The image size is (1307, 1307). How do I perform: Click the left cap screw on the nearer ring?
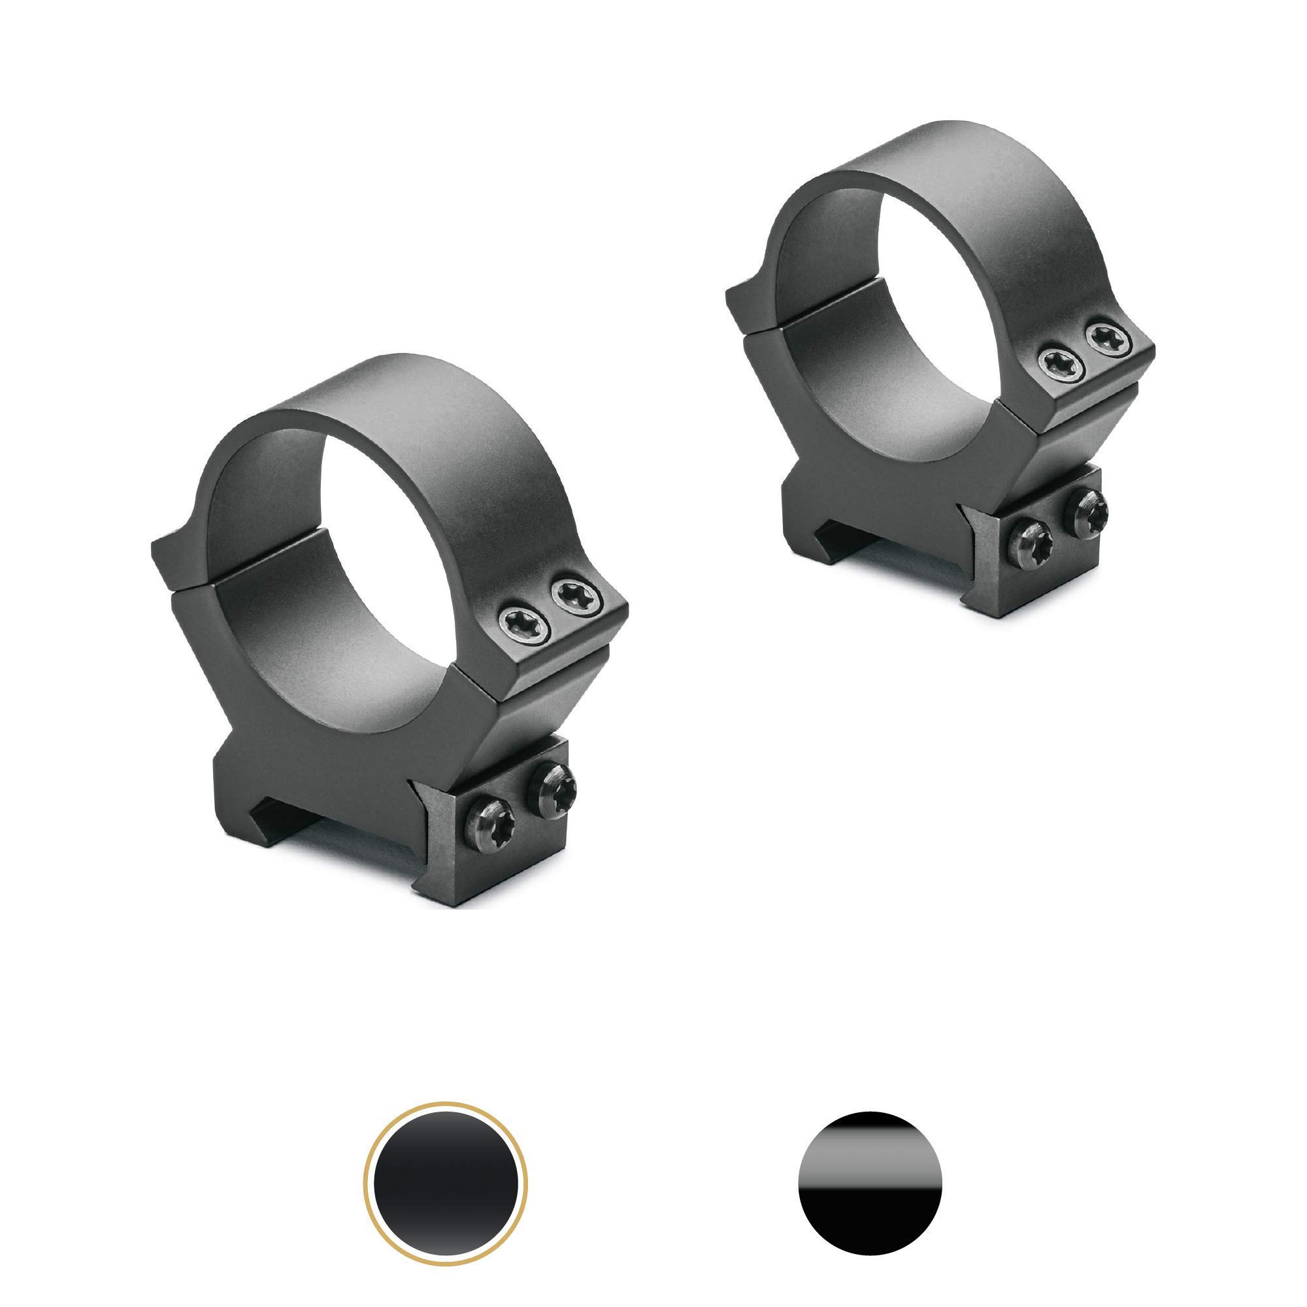pyautogui.click(x=524, y=621)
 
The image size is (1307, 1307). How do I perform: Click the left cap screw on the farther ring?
pyautogui.click(x=1061, y=365)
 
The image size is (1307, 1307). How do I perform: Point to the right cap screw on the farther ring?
pyautogui.click(x=1108, y=340)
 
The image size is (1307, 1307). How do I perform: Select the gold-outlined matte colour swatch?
pyautogui.click(x=445, y=1183)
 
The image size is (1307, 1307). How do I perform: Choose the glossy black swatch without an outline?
pyautogui.click(x=870, y=1183)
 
